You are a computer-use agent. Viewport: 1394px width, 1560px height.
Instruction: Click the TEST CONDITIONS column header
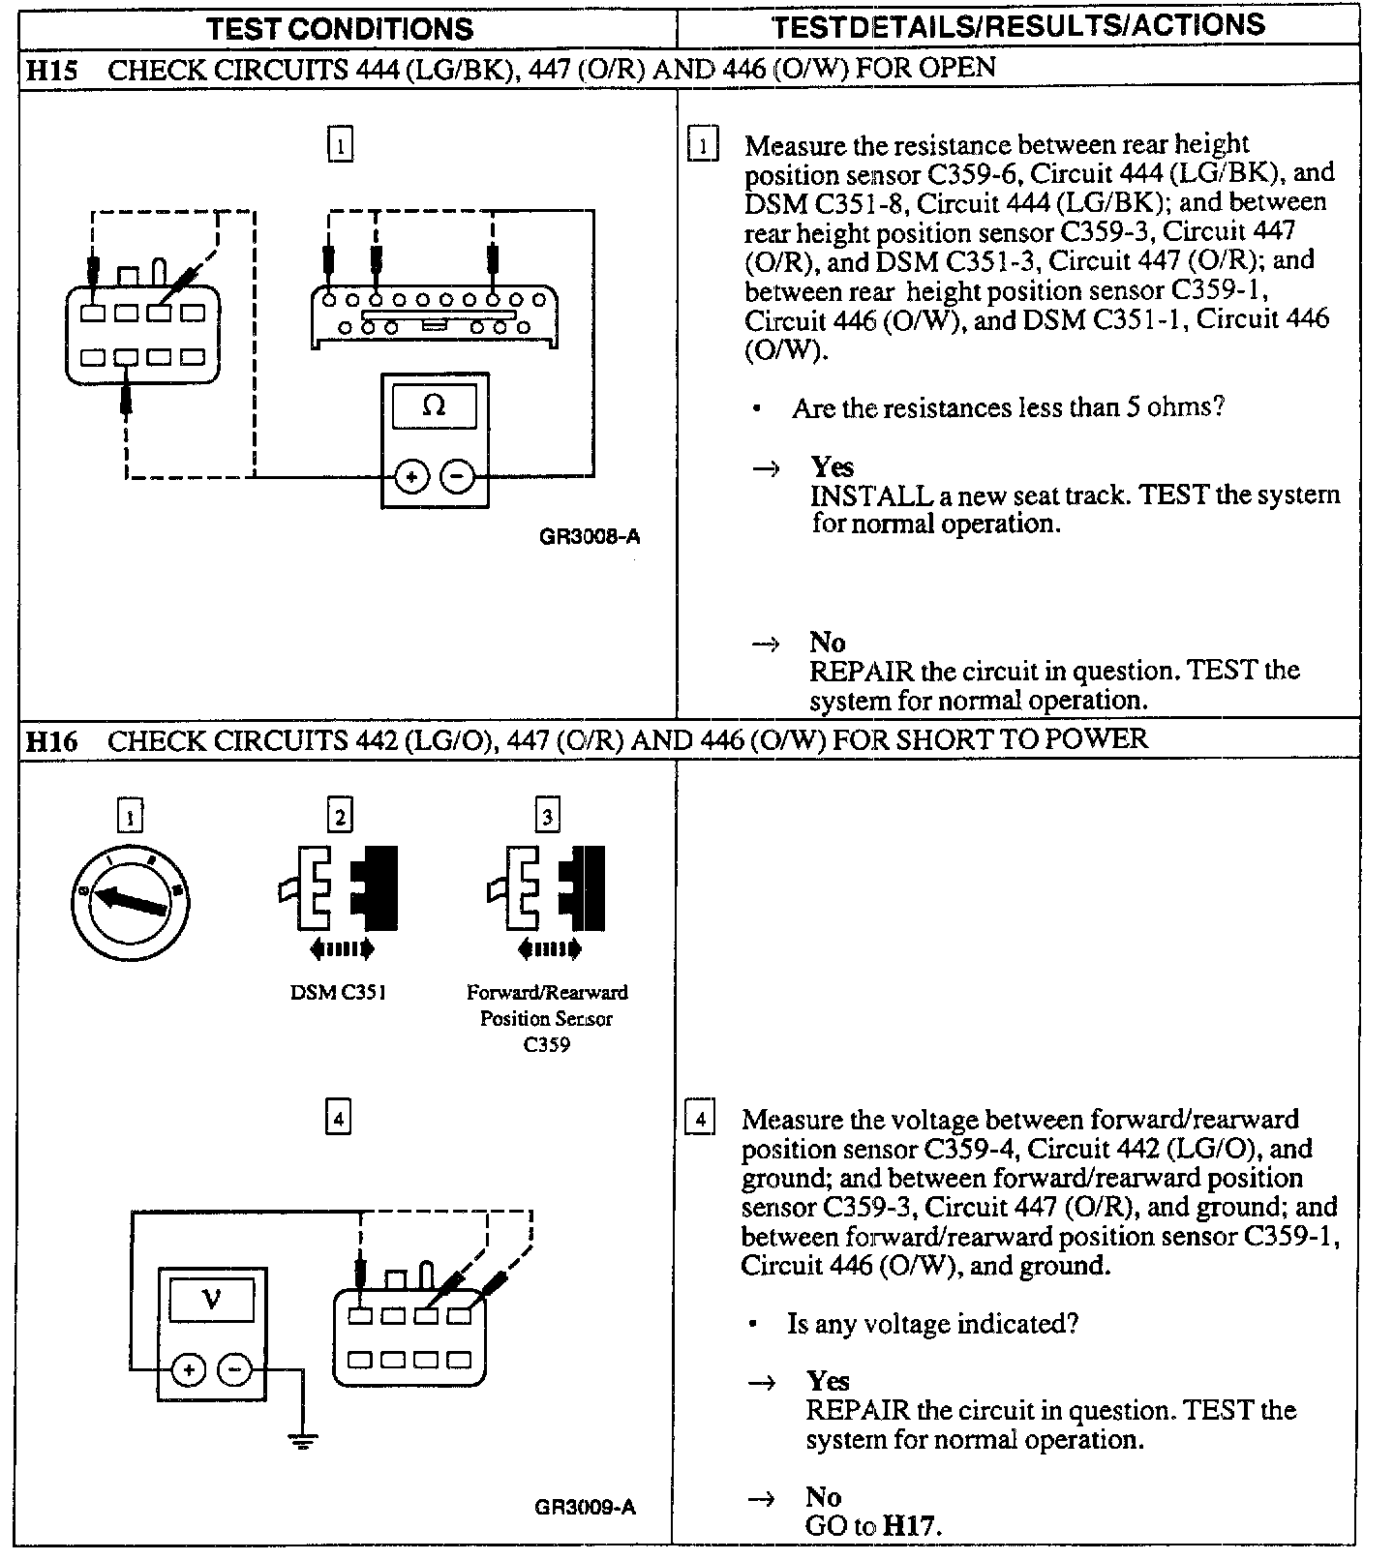pos(340,28)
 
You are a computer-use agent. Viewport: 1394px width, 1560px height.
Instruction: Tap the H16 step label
pos(50,742)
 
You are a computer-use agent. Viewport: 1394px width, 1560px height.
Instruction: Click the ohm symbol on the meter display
pos(434,406)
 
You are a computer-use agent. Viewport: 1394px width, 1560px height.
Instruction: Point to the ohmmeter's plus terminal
pos(411,476)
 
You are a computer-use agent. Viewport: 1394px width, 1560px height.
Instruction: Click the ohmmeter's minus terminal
pos(458,476)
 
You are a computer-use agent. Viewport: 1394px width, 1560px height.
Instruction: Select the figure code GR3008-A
pos(589,536)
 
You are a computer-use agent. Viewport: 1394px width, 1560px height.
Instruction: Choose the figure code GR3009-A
pos(585,1507)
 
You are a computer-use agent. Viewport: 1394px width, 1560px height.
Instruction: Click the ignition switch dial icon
pos(130,900)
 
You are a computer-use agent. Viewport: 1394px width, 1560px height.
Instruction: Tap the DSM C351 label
pos(339,993)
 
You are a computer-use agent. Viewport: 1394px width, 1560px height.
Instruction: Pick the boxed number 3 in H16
pos(547,817)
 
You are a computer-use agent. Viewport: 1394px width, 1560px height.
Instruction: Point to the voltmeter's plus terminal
pos(189,1370)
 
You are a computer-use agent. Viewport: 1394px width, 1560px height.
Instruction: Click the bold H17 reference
pos(910,1527)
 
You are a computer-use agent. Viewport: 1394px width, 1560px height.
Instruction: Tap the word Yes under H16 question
pos(828,1381)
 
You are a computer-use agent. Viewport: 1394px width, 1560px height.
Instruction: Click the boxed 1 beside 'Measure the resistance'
pos(703,146)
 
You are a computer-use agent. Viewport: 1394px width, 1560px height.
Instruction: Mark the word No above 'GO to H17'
pos(823,1497)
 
